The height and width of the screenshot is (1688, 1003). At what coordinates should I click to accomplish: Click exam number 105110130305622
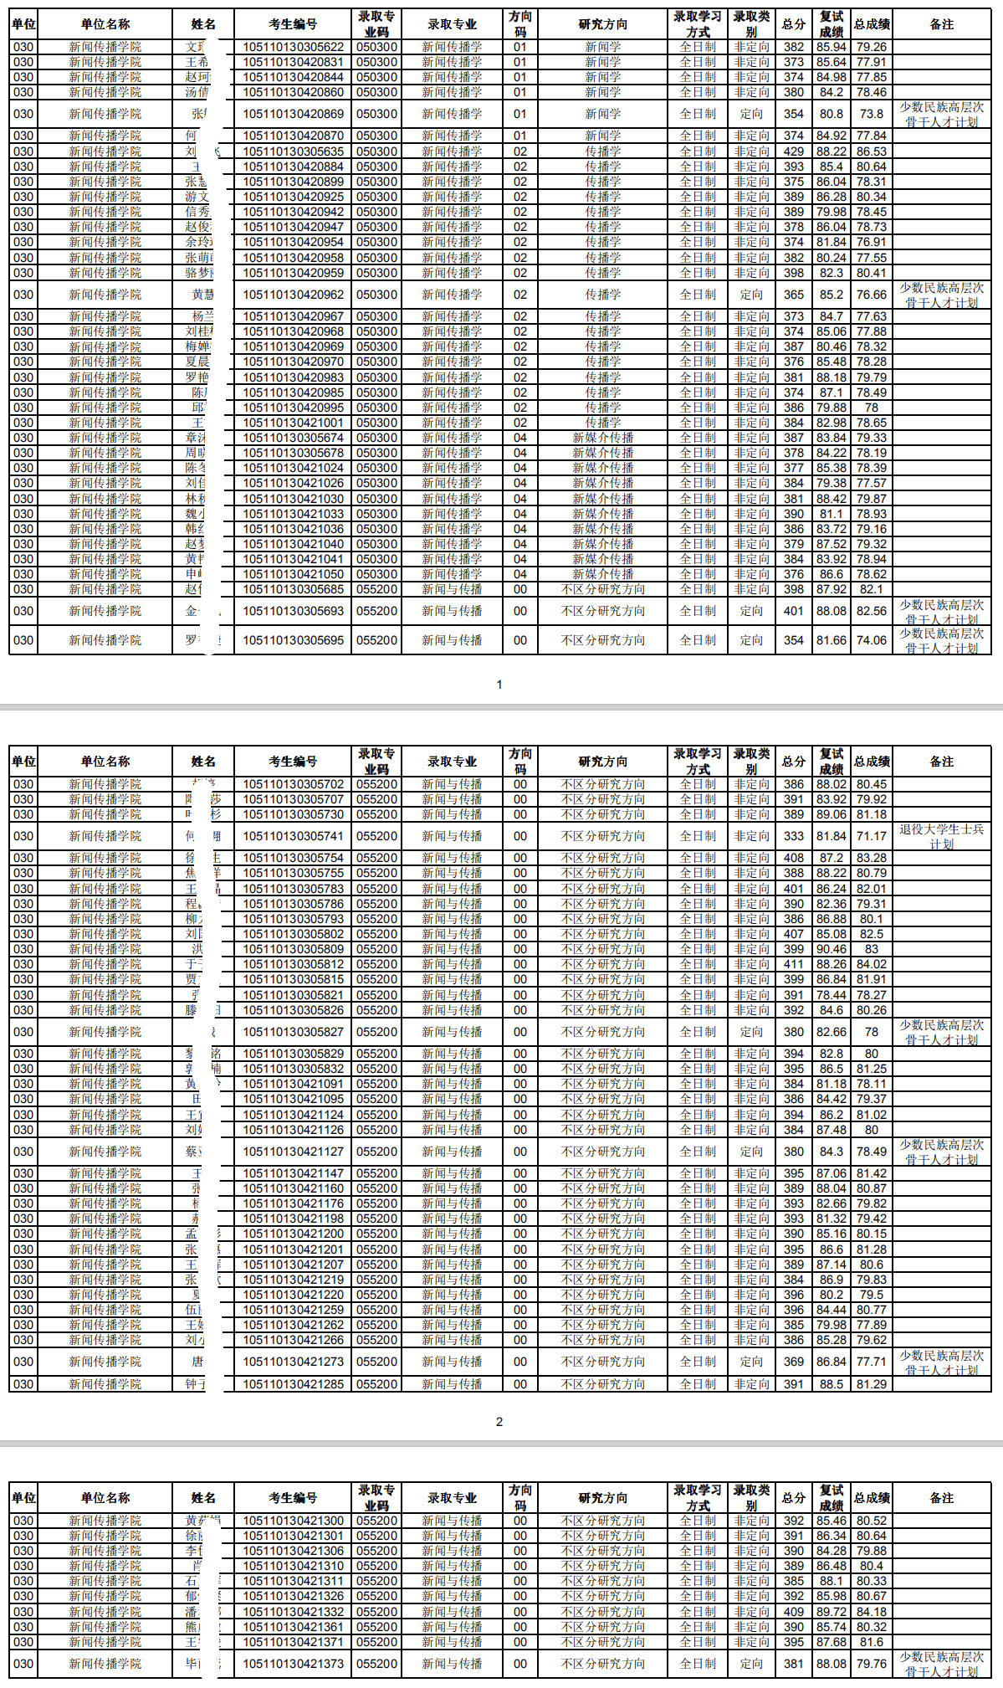293,47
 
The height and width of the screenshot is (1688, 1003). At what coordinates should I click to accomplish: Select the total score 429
793,151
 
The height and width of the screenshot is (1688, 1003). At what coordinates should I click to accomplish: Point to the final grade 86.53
871,151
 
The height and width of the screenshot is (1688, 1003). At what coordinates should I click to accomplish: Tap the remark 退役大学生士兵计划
941,836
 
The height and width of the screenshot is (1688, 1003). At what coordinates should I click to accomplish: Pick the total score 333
793,836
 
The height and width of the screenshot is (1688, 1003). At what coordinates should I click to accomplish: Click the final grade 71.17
871,836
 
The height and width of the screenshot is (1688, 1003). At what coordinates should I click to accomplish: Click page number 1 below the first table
499,685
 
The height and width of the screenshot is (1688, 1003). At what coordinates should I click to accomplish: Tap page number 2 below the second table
499,1422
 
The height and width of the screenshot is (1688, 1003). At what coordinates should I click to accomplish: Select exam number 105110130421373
293,1664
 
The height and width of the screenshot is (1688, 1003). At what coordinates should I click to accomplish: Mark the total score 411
793,964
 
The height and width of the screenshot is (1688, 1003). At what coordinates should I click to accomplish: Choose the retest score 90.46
831,949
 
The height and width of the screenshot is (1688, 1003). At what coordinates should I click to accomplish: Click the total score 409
793,1611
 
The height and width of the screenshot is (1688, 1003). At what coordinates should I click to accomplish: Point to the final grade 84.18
871,1611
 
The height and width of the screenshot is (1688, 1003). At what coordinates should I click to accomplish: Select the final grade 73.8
871,114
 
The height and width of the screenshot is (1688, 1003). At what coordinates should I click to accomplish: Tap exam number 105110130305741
293,836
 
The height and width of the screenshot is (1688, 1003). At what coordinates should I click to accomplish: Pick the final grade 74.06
871,640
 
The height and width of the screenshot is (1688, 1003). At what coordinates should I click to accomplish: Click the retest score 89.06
831,814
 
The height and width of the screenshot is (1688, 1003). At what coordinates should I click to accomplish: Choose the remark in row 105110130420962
941,295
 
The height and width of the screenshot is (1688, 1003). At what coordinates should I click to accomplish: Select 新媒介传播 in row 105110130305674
602,438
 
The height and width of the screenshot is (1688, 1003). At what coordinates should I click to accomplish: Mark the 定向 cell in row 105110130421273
751,1362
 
